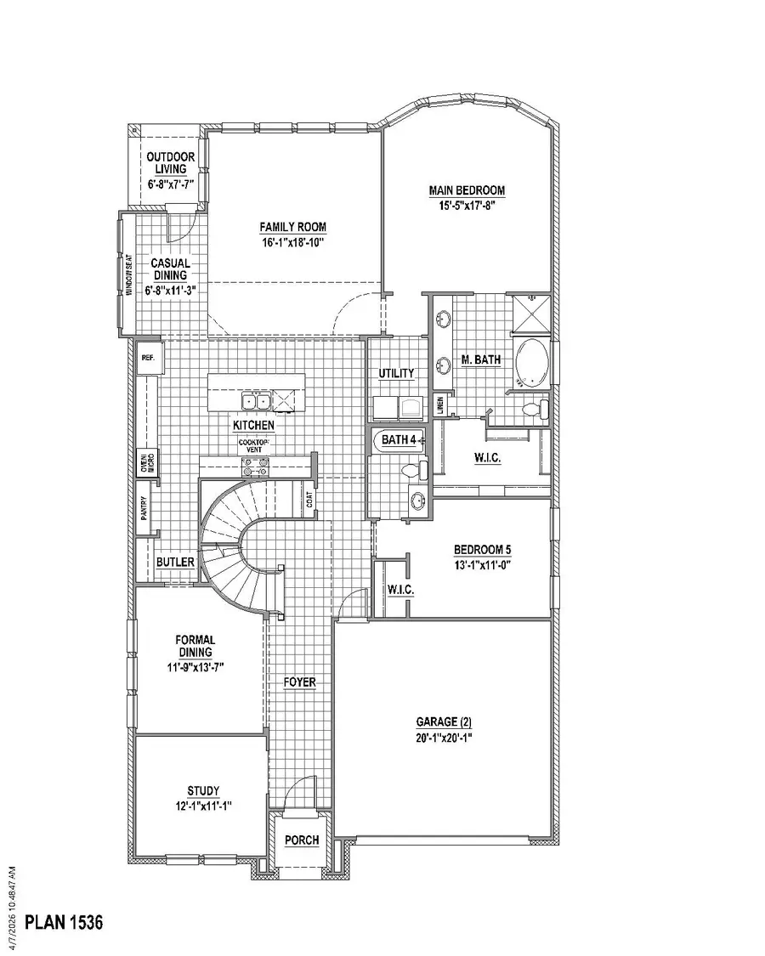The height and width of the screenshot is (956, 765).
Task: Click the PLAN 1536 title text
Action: coord(64,923)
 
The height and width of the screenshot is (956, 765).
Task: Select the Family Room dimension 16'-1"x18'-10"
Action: coord(292,242)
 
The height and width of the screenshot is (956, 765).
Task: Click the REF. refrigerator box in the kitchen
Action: coord(148,359)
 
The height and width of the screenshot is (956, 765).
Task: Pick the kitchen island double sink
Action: coord(255,401)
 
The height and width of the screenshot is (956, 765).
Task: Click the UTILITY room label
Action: coord(397,373)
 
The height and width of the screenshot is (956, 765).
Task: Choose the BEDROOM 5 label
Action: coord(482,549)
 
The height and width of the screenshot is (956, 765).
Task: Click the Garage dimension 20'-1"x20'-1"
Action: coord(444,738)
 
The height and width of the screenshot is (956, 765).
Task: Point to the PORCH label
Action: coord(302,840)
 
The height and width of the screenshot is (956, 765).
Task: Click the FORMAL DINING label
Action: coord(195,646)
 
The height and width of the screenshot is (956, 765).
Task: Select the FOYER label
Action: coord(299,682)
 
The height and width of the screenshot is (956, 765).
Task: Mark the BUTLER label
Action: coord(175,563)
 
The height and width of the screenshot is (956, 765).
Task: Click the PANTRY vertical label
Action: coord(144,508)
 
